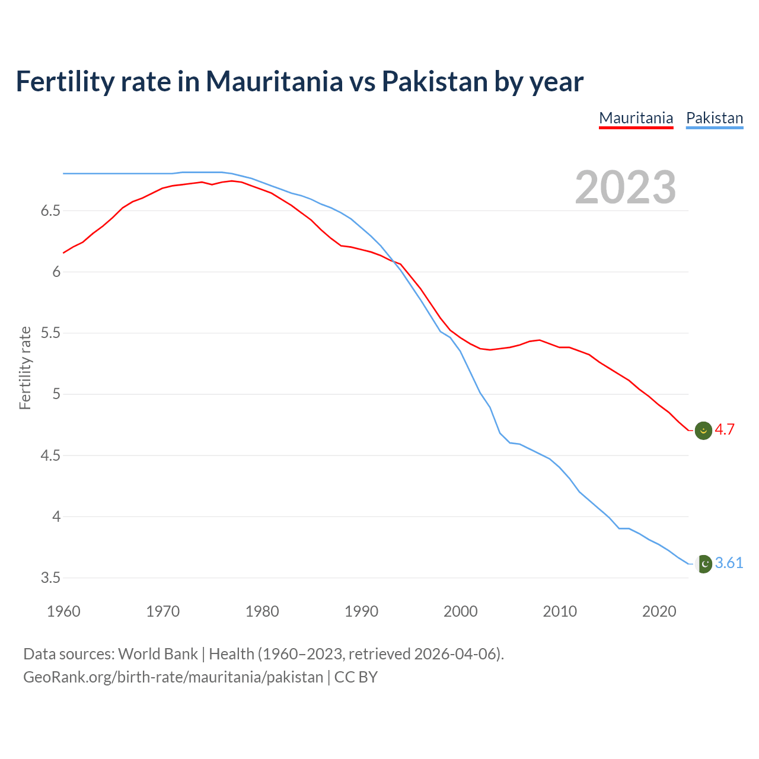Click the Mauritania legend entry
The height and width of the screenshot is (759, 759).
[x=636, y=118]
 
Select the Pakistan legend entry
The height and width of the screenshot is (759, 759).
[x=714, y=118]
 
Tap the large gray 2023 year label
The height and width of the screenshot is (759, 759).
[x=625, y=187]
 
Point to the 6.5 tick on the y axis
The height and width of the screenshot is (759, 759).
[x=50, y=211]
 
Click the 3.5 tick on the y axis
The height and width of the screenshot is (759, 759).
[x=50, y=578]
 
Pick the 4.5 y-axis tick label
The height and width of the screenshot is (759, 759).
[x=50, y=456]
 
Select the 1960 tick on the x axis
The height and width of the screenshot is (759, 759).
[x=63, y=611]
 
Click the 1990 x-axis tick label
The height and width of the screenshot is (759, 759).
[x=361, y=611]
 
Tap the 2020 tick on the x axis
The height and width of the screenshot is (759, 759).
[x=659, y=611]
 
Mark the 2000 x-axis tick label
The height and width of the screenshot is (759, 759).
[x=460, y=611]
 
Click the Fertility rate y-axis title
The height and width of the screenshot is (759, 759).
[x=25, y=368]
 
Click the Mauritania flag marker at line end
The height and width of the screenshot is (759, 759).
[x=703, y=430]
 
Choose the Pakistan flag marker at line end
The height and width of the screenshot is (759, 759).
[x=703, y=564]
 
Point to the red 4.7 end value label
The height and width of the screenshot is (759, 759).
[x=725, y=430]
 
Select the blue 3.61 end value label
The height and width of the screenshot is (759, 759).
[x=729, y=563]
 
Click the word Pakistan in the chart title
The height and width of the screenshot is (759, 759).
[x=434, y=81]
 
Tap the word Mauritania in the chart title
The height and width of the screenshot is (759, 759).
[x=274, y=81]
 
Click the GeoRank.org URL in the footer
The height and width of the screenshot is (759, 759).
[x=173, y=677]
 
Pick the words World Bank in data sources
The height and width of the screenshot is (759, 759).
[x=158, y=654]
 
